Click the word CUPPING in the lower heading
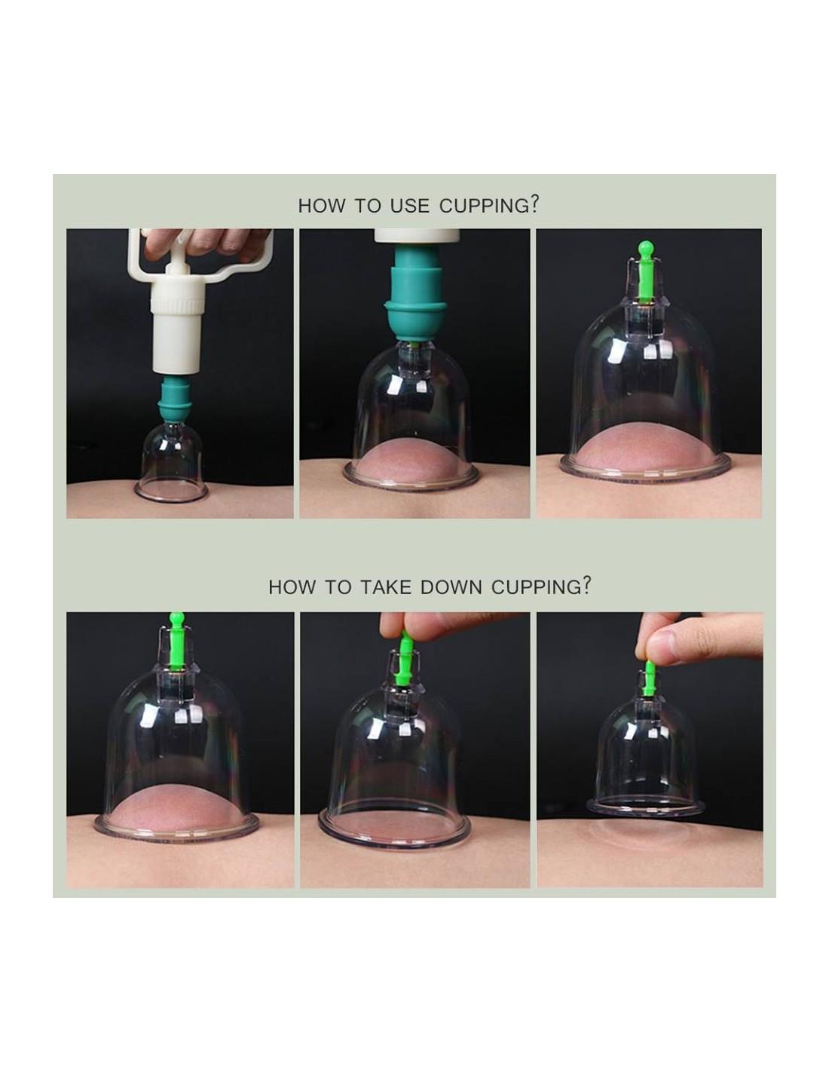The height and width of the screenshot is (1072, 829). tap(534, 587)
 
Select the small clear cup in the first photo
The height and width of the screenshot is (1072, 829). tap(170, 469)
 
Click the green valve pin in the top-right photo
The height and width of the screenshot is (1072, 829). tap(644, 271)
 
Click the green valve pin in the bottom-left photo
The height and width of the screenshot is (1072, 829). tap(176, 643)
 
